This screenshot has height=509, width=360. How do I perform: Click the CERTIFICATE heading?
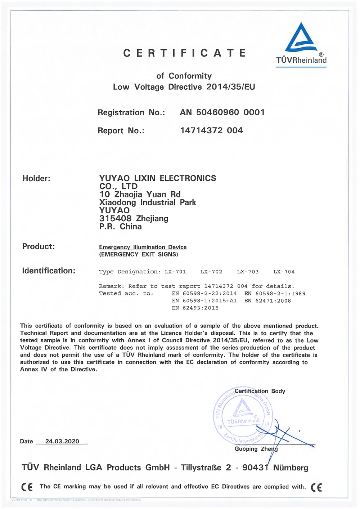pyautogui.click(x=185, y=53)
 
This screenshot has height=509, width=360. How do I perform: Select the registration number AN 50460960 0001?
pyautogui.click(x=222, y=112)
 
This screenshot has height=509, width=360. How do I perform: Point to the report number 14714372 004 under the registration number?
pyautogui.click(x=211, y=130)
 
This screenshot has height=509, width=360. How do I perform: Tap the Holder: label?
pyautogui.click(x=36, y=178)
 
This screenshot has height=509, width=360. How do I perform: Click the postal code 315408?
pyautogui.click(x=115, y=218)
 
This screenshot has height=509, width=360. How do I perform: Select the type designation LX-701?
pyautogui.click(x=175, y=272)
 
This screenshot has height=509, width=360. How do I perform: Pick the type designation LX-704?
pyautogui.click(x=284, y=272)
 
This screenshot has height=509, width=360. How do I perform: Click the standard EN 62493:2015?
pyautogui.click(x=195, y=308)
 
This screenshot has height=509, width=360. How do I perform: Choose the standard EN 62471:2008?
pyautogui.click(x=267, y=301)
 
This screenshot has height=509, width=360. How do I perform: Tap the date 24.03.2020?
pyautogui.click(x=62, y=441)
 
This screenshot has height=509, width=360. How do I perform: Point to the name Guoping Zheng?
pyautogui.click(x=256, y=449)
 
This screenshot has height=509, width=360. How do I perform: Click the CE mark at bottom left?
pyautogui.click(x=27, y=487)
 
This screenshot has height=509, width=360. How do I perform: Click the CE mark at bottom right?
pyautogui.click(x=316, y=487)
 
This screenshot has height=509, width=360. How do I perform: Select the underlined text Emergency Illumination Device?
pyautogui.click(x=143, y=247)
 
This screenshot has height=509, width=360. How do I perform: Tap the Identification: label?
pyautogui.click(x=49, y=271)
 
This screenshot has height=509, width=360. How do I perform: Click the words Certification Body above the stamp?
pyautogui.click(x=260, y=391)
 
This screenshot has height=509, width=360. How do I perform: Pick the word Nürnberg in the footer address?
pyautogui.click(x=291, y=468)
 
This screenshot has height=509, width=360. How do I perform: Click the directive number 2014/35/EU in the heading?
pyautogui.click(x=231, y=87)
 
